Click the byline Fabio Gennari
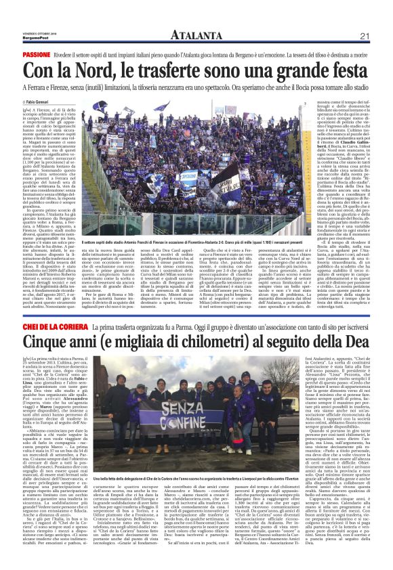point(36,102)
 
